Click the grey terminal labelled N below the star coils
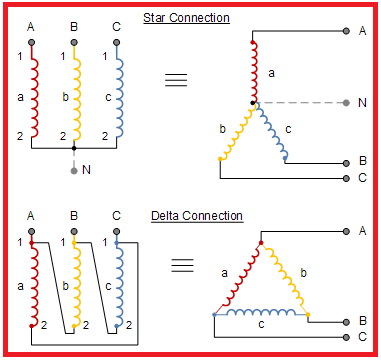[x=75, y=171]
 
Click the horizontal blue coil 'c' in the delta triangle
[x=256, y=314]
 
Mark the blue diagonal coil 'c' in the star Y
[x=272, y=130]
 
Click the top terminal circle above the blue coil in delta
[x=118, y=230]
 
